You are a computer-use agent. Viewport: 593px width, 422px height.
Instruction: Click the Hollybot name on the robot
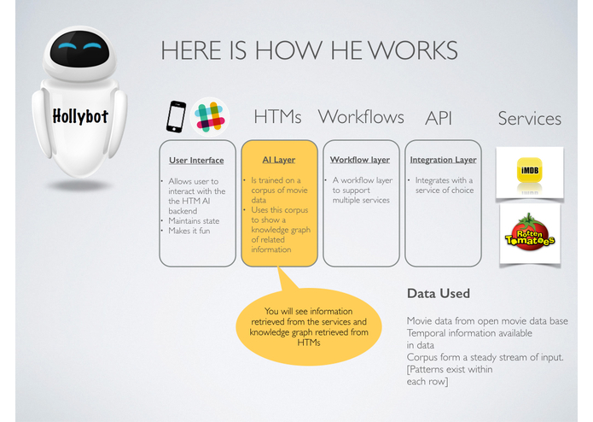tap(80, 116)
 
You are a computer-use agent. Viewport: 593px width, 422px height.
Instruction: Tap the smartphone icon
tap(176, 117)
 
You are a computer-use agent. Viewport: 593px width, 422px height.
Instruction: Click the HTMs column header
tap(277, 117)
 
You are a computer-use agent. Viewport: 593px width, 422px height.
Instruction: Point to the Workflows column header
tap(362, 116)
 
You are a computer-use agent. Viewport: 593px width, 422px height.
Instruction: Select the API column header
tap(438, 118)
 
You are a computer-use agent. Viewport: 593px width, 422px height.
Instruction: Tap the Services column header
tap(529, 118)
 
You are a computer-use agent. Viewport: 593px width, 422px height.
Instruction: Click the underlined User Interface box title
tap(196, 160)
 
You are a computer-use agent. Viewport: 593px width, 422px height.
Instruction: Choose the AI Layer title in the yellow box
tap(278, 160)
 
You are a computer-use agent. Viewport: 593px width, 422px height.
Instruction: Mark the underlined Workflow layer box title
tap(359, 160)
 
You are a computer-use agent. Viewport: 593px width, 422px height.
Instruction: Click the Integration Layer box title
tap(443, 160)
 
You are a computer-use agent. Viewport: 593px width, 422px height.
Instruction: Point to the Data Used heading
tap(438, 294)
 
